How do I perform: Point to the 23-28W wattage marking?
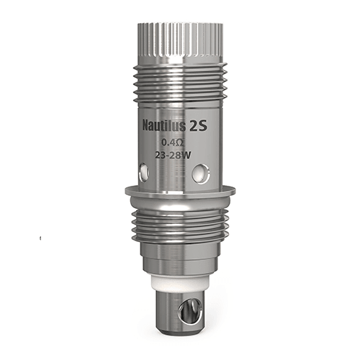coord(177,154)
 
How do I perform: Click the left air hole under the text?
coord(143,171)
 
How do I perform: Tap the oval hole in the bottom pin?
coord(190,310)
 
